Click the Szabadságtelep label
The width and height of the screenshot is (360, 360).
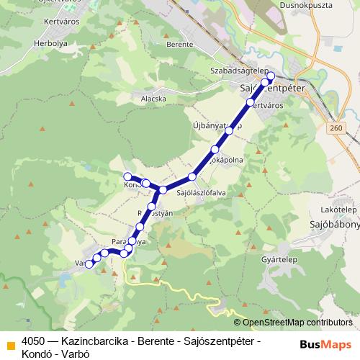click(230, 71)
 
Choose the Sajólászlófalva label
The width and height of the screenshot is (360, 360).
click(202, 192)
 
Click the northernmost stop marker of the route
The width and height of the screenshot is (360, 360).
click(271, 76)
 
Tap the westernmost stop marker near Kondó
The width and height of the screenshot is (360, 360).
click(128, 176)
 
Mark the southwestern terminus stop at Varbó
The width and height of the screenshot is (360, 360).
click(89, 264)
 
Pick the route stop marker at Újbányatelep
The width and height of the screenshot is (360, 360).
click(229, 131)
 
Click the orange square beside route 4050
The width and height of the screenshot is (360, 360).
click(10, 345)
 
